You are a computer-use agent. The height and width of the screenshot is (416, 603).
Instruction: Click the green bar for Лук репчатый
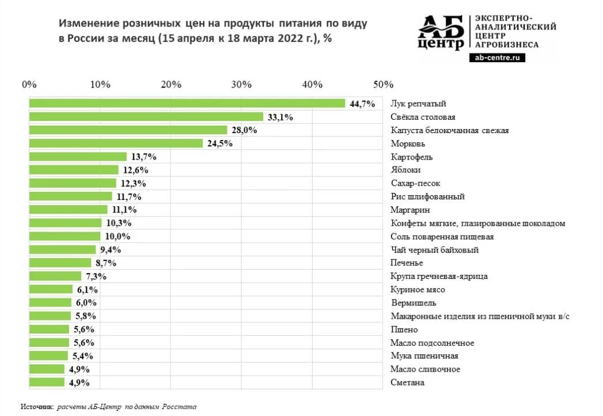187,104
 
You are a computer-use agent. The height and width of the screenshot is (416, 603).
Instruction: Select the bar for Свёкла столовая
146,117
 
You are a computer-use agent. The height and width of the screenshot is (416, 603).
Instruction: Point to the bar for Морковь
116,143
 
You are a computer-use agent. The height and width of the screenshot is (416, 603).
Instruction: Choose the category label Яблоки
405,170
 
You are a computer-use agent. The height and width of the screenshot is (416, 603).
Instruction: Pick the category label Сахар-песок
415,183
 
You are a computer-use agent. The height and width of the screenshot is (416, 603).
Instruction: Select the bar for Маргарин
68,210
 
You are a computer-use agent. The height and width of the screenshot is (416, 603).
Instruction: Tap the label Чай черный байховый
434,250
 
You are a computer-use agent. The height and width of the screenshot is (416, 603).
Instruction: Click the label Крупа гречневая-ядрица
439,277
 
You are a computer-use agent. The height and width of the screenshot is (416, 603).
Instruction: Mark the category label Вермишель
413,303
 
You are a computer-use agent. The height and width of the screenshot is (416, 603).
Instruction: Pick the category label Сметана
407,383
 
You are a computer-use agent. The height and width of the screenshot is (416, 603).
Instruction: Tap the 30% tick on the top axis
242,84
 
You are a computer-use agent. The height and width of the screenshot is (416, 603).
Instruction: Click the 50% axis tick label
383,84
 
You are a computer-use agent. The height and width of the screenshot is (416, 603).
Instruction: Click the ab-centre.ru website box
498,58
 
